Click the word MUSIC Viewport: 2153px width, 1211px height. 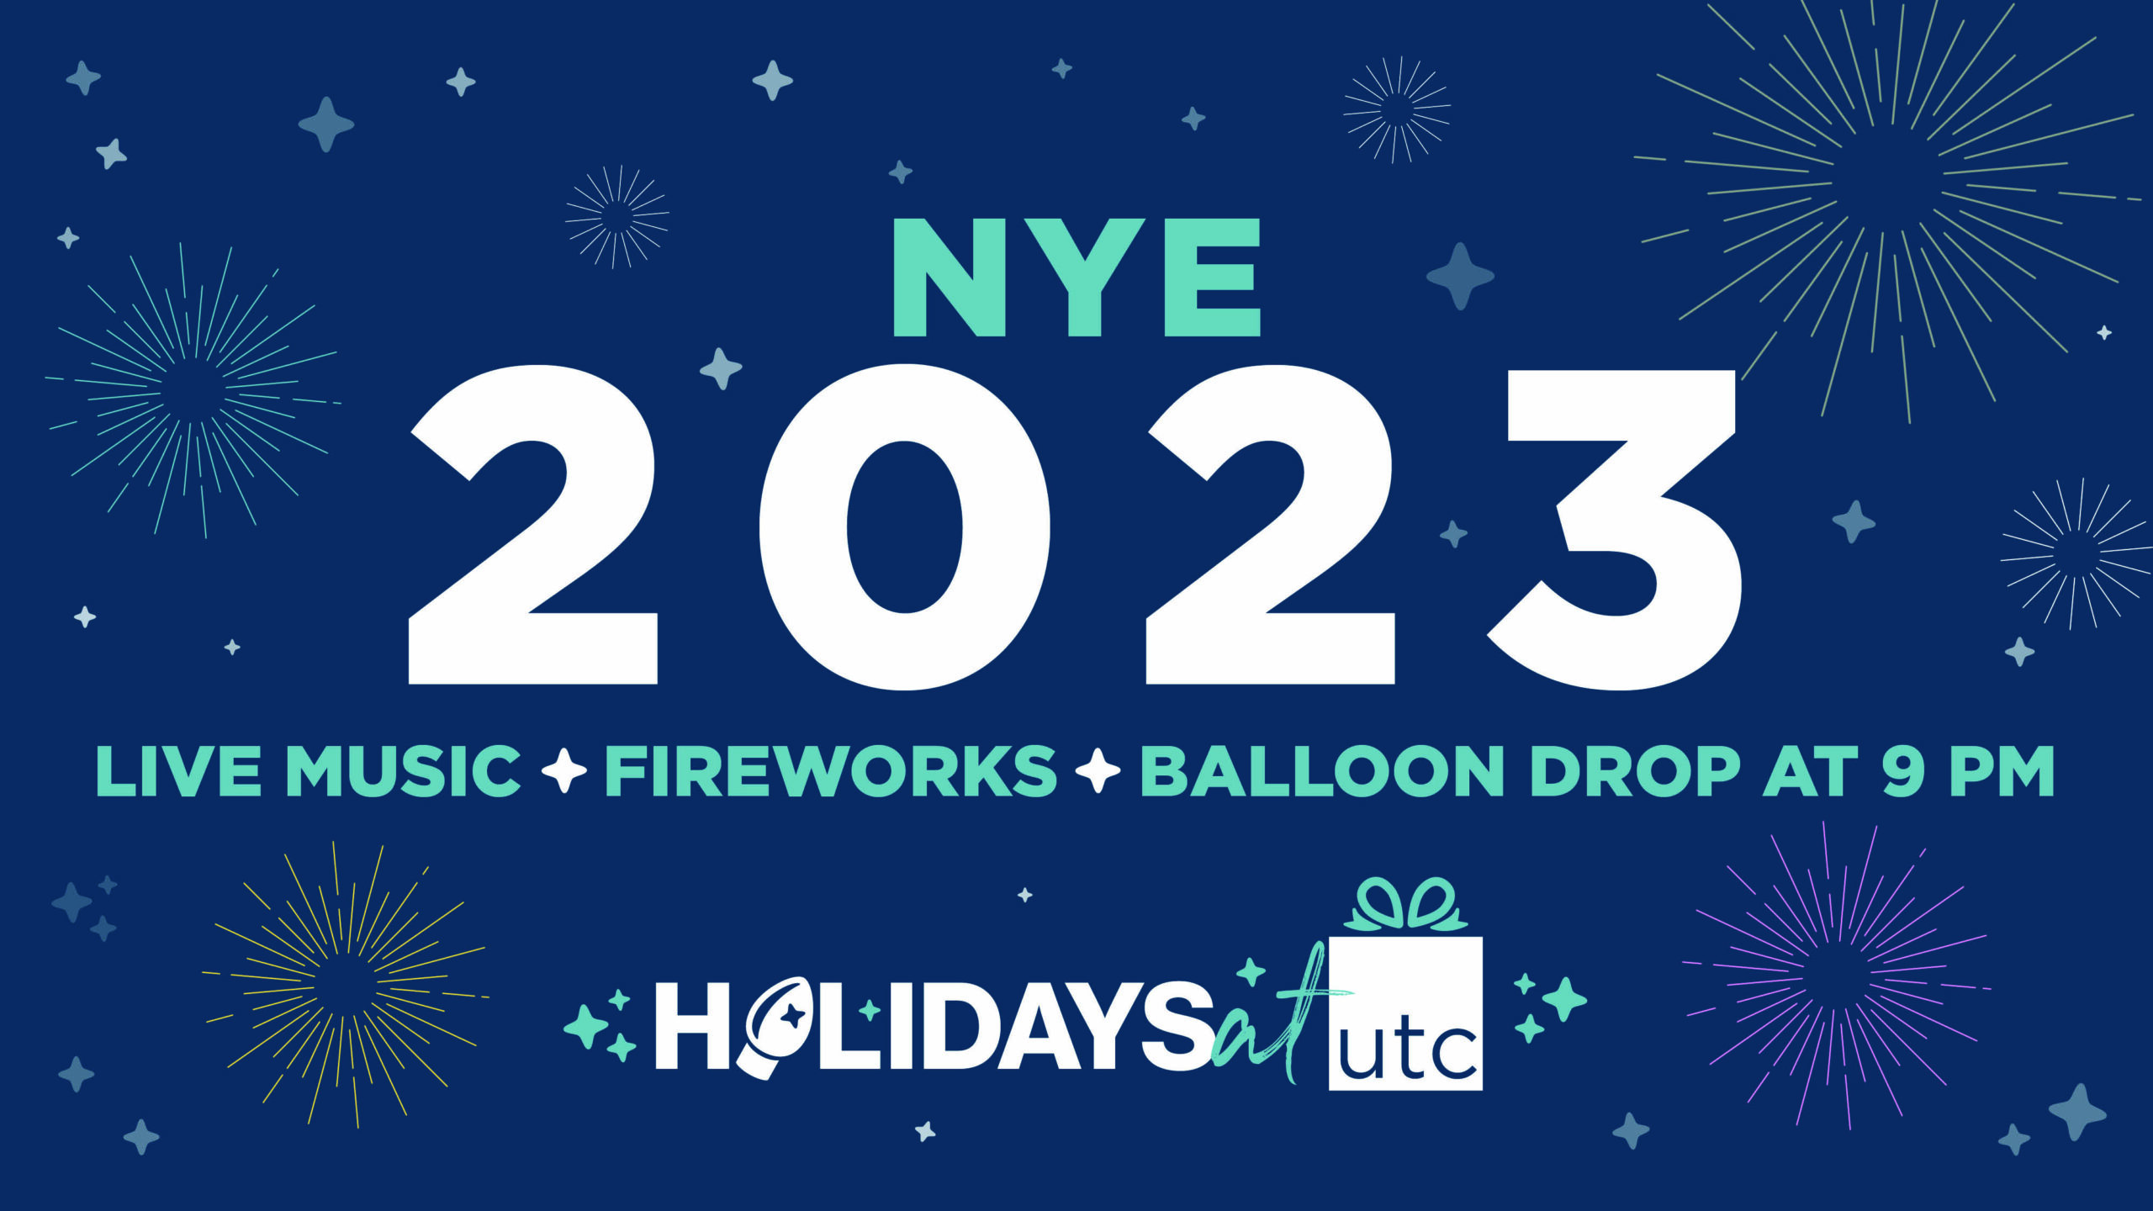404,771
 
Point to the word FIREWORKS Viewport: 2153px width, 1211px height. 831,771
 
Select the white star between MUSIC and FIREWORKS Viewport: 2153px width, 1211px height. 563,771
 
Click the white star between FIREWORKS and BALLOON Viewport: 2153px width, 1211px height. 1098,771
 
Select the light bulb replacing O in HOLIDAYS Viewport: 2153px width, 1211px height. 779,1026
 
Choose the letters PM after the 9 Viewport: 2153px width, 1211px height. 2002,771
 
